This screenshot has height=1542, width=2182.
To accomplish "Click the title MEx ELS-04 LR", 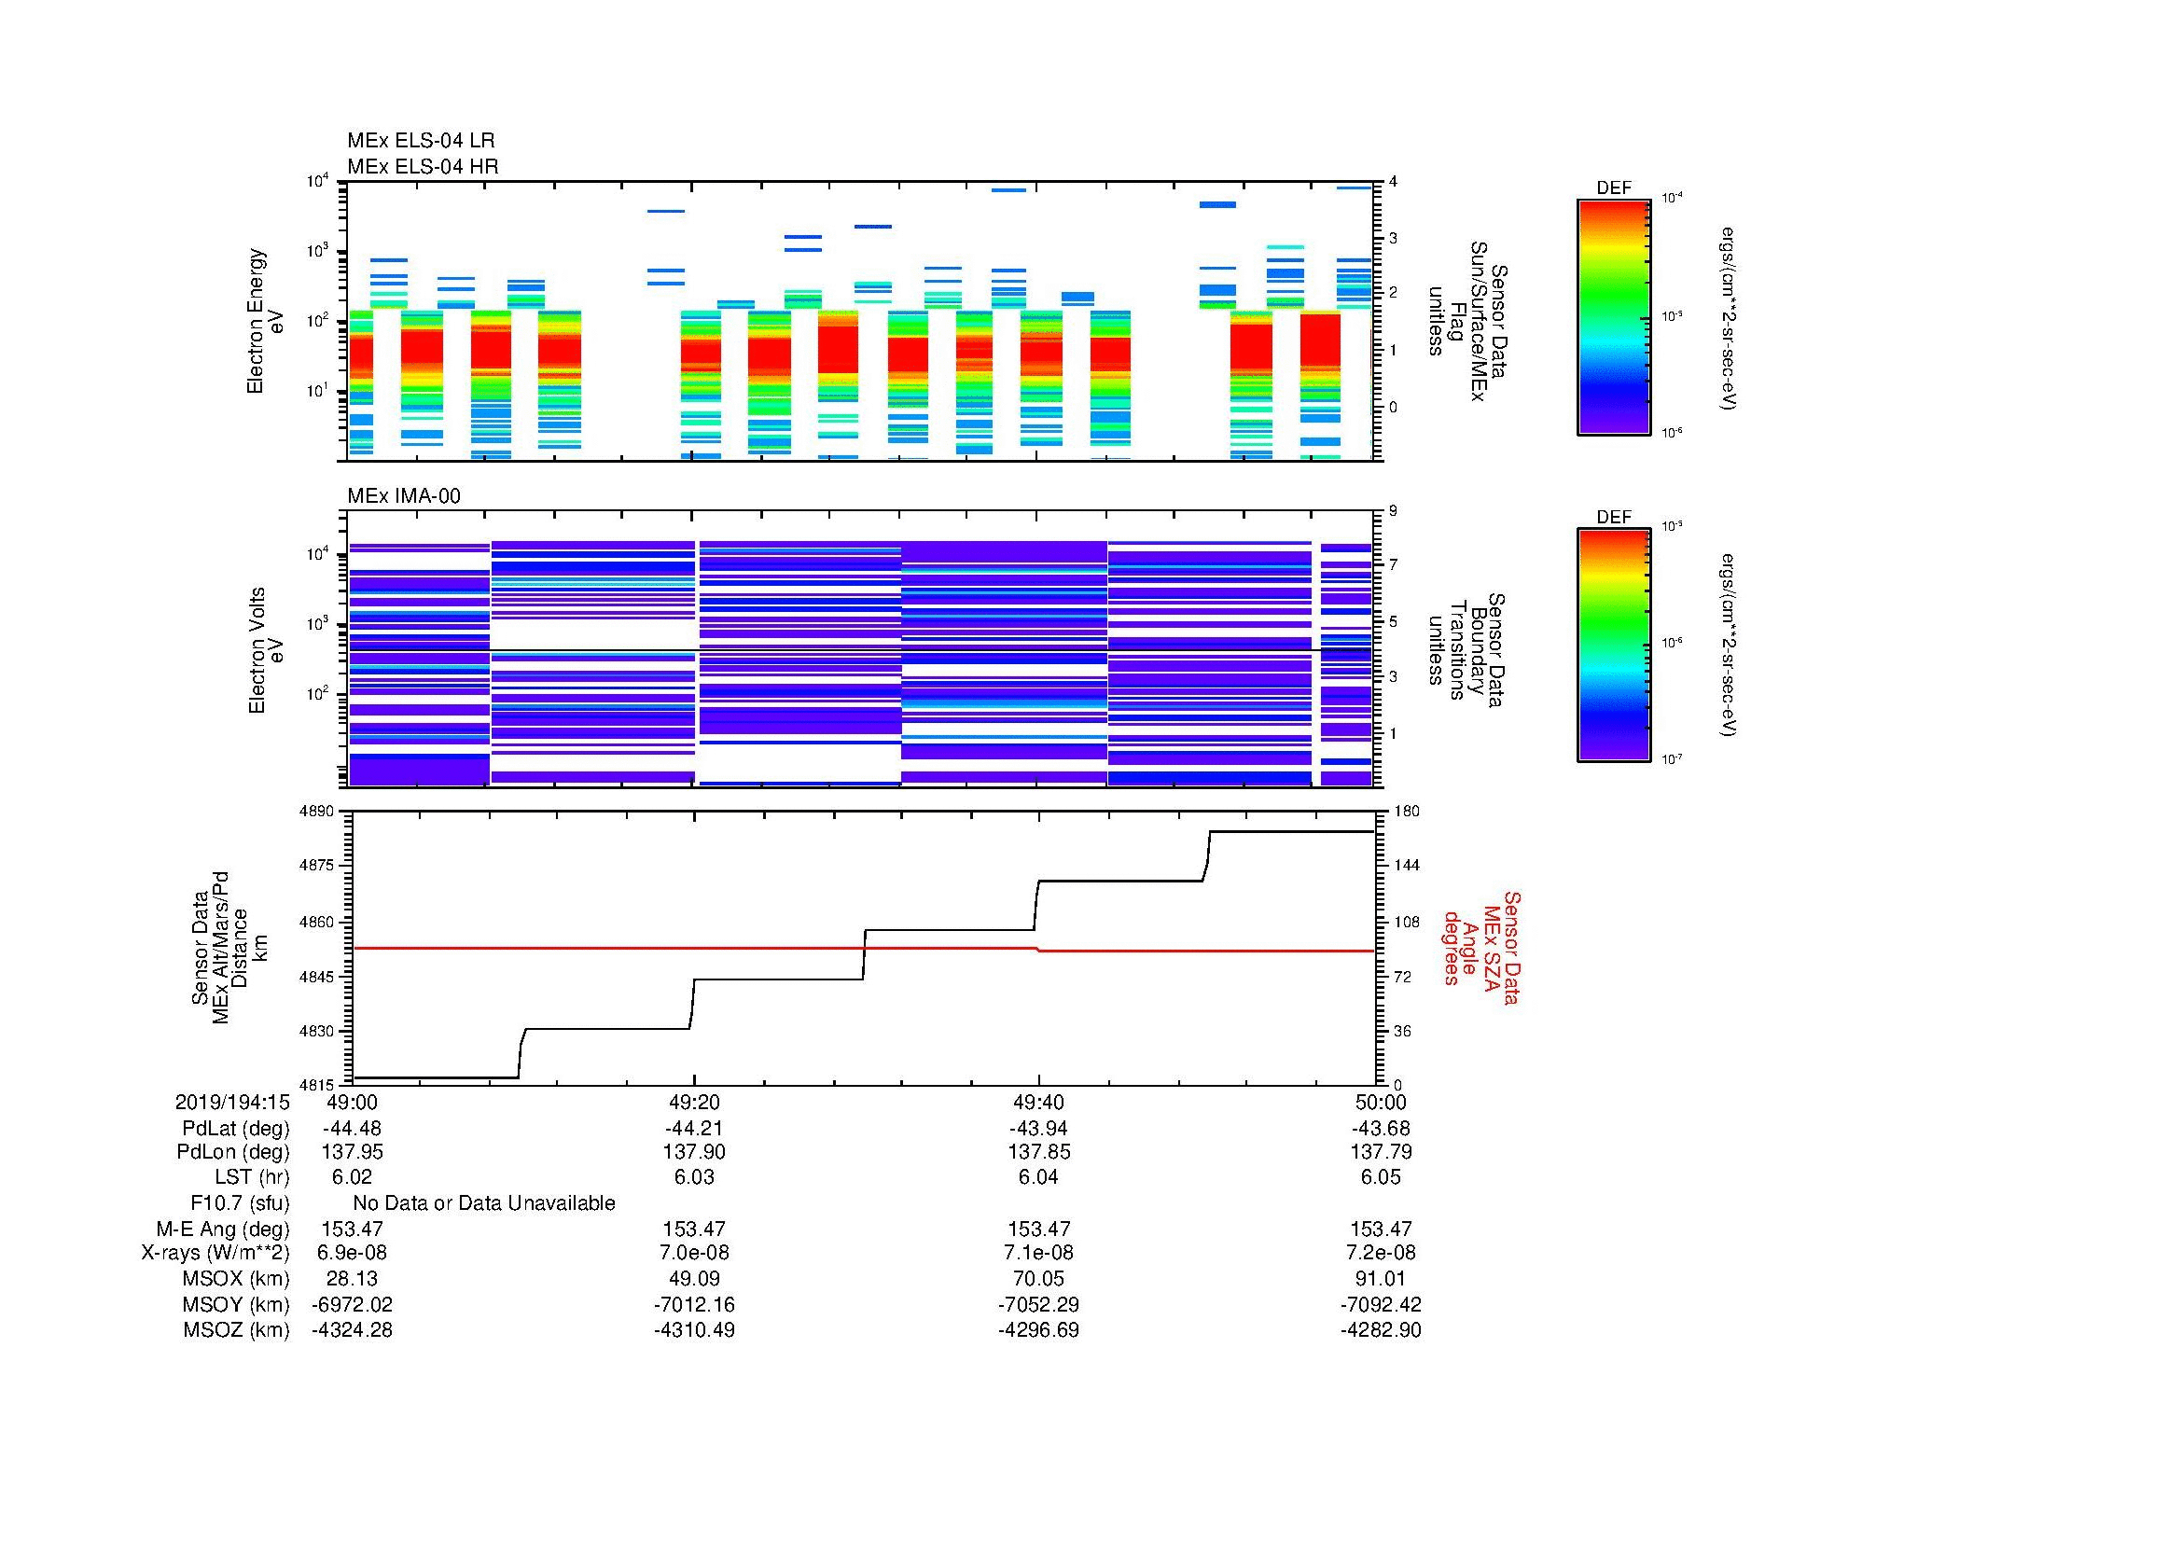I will pos(421,141).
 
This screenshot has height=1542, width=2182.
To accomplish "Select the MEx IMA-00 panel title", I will pos(404,496).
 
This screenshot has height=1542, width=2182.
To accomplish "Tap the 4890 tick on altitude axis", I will pos(318,812).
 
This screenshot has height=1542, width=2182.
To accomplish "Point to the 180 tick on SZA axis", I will pos(1406,812).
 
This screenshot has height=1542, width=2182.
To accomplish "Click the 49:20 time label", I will pos(694,1103).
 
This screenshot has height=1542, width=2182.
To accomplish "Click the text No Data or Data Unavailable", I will pos(484,1203).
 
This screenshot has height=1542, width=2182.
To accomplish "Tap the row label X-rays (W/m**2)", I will pos(215,1253).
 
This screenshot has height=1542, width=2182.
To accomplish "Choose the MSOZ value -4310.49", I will pos(694,1330).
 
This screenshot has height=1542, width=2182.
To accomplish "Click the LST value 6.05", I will pos(1380,1178).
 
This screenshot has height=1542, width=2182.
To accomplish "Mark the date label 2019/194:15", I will pos(232,1103).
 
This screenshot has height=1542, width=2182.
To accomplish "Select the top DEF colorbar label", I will pos(1614,188).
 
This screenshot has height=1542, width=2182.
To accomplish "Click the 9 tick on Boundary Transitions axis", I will pos(1393,511).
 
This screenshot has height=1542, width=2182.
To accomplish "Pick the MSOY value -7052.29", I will pos(1037,1305).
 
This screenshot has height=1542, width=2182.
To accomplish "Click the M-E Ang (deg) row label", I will pos(223,1229).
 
